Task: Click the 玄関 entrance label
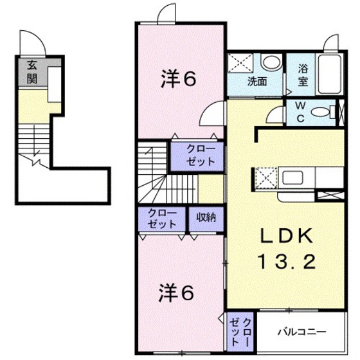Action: coord(32,71)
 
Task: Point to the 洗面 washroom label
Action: coord(258,82)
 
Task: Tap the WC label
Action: coord(300,111)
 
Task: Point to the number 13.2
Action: coord(287,262)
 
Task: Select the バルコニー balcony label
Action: coord(301,332)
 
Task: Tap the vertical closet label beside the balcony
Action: coord(239,329)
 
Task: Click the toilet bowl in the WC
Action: coord(319,112)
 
